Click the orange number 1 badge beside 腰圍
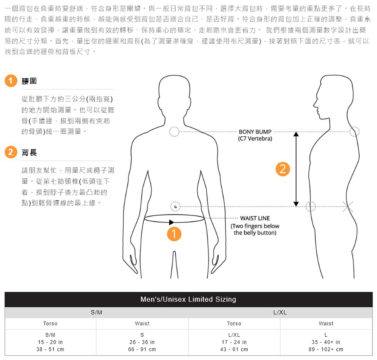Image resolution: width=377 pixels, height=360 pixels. pos(12,81)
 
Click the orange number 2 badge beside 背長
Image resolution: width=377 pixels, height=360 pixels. pos(12,153)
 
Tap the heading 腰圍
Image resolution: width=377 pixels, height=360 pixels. pos(29,81)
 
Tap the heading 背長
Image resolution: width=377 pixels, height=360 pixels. pos(29,153)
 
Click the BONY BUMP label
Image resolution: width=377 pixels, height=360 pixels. pos(255,132)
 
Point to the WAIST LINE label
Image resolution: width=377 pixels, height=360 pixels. pos(255,218)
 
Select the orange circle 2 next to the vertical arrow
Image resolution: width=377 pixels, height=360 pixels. pos(283,169)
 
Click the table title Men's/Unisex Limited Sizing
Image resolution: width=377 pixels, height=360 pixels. pos(188,299)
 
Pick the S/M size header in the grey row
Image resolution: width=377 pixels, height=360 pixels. pos(97,313)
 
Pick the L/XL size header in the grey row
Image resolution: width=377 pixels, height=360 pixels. pos(280,313)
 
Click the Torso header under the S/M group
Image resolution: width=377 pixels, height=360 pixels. pos(51,323)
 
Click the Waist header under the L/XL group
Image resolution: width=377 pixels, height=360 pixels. pos(326,323)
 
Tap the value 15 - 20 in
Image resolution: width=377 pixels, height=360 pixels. pos(51,342)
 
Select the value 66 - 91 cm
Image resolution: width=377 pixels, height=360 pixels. pos(142,349)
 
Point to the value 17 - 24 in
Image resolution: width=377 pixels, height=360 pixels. pos(234,342)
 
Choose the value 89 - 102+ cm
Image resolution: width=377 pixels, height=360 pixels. pos(326,349)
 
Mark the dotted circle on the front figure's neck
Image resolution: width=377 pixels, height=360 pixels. pos(174,131)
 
